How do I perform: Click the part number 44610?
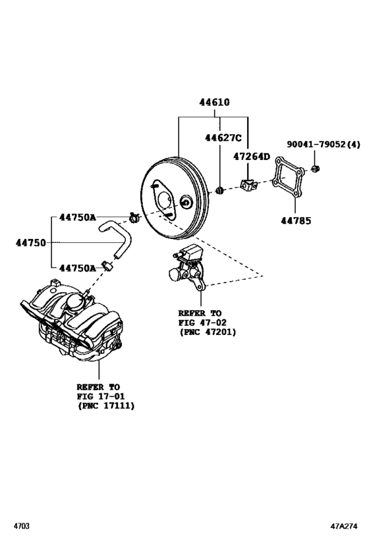pos(215,103)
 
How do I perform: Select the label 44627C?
pos(223,138)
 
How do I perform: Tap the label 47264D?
pos(252,157)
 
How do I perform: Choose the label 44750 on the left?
pos(31,243)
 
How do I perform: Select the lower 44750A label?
pos(78,268)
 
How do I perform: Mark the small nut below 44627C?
pos(220,191)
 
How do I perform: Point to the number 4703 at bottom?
pos(20,526)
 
